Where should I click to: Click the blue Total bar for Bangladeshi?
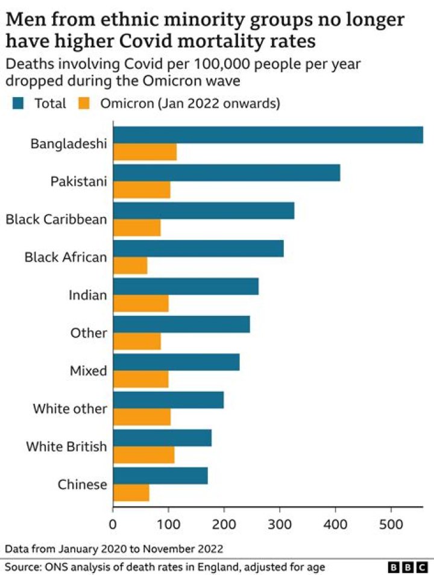268,135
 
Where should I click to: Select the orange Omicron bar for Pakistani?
142,190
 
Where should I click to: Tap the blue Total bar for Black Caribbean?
204,210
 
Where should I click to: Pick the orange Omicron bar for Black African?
130,265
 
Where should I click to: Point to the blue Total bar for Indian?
186,286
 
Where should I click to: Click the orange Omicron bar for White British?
144,454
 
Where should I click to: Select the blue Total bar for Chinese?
160,476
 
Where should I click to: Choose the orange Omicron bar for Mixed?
141,379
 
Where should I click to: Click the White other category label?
70,409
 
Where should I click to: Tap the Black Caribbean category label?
56,219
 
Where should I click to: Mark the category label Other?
89,333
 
